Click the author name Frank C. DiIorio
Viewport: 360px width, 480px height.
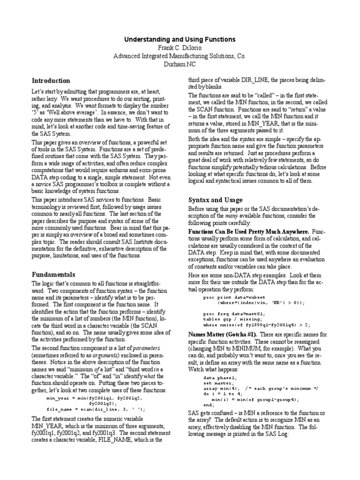tap(180, 48)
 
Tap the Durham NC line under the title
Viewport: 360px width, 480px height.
tap(180, 64)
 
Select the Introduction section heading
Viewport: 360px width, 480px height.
tap(51, 81)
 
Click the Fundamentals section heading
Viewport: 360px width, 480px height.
tap(53, 274)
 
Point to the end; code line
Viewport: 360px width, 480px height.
tap(209, 404)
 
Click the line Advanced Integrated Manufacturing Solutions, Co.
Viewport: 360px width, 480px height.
tap(180, 56)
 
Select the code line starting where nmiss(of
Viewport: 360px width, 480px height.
tap(256, 324)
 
